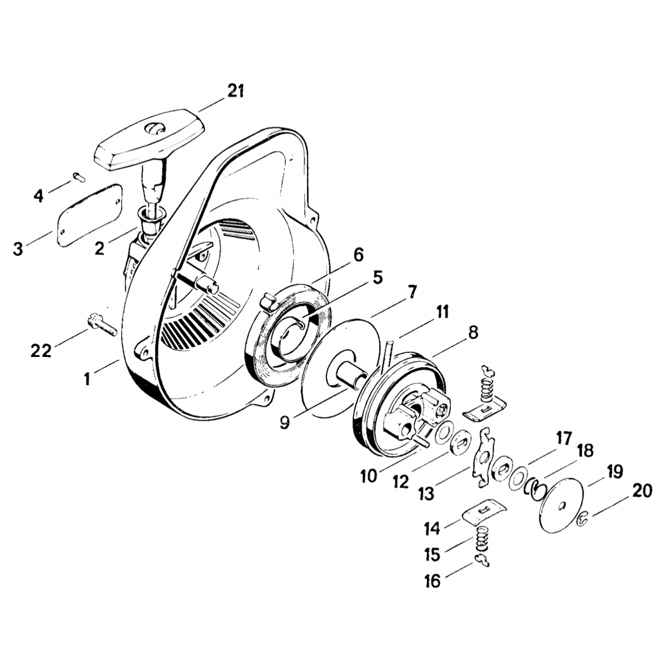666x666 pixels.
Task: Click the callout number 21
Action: [x=235, y=91]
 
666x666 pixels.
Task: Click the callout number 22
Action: [x=41, y=350]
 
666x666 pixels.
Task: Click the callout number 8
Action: [x=473, y=333]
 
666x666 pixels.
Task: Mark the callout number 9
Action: [x=284, y=423]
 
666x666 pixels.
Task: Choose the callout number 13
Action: [x=426, y=494]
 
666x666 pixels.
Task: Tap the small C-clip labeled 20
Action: [x=581, y=518]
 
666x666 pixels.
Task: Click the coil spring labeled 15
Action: [x=486, y=537]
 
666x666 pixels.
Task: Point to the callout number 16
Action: [x=432, y=581]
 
